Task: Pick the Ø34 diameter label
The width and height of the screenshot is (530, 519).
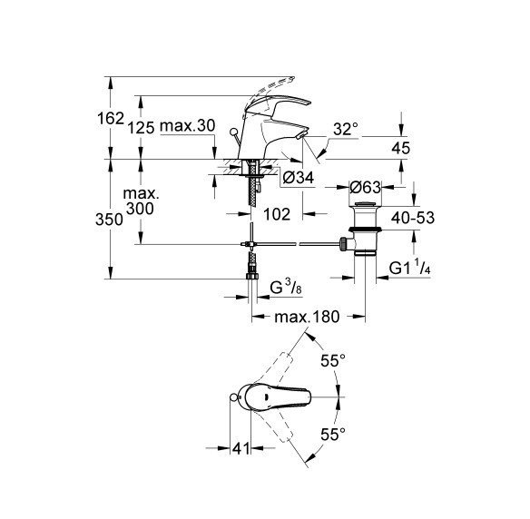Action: click(299, 179)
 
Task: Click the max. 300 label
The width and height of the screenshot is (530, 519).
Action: click(142, 202)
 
